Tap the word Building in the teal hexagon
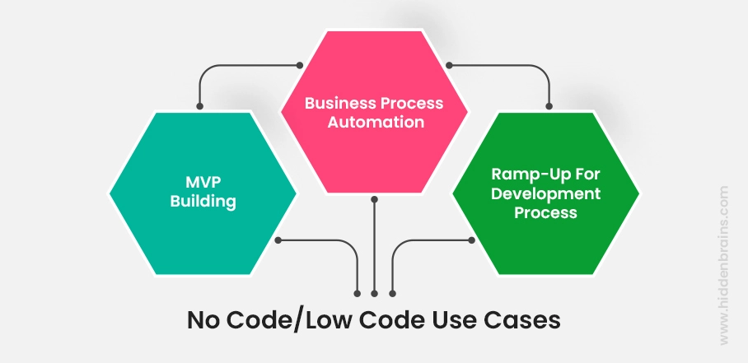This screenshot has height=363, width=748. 199,201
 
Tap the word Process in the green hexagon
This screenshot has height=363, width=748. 545,212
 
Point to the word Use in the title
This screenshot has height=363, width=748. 454,319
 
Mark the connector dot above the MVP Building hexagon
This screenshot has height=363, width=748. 199,105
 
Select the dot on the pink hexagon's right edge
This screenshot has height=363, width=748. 446,64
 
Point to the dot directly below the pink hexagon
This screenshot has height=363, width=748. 374,198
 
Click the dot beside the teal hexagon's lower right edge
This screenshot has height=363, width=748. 278,240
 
